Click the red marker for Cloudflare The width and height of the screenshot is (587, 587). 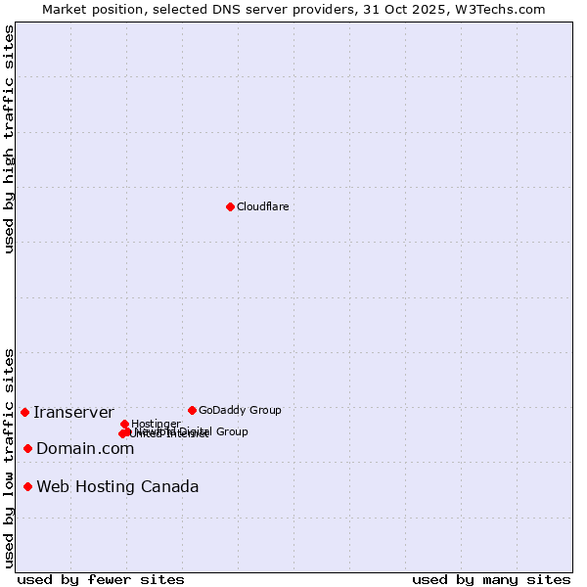coord(230,206)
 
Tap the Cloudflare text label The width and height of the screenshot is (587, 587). coord(263,206)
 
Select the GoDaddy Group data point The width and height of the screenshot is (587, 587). coord(192,410)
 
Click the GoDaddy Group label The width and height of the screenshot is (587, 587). coord(240,410)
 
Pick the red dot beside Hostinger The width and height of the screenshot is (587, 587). coord(124,424)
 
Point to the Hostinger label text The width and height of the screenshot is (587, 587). coord(156,424)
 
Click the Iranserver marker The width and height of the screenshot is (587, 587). coord(24,412)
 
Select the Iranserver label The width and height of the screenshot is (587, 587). coord(73,412)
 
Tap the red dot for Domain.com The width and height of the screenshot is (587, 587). coord(27,448)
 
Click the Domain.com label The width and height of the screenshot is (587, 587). coord(85,448)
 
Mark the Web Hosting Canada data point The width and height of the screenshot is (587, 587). coord(27,486)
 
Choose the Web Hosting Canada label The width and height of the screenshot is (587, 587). coord(117,486)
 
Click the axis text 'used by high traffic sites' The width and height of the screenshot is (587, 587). coord(10,139)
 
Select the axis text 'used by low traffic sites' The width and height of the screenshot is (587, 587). coord(10,457)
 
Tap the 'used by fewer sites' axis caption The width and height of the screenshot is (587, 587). coord(101,579)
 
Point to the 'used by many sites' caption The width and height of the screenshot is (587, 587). coord(491,579)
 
